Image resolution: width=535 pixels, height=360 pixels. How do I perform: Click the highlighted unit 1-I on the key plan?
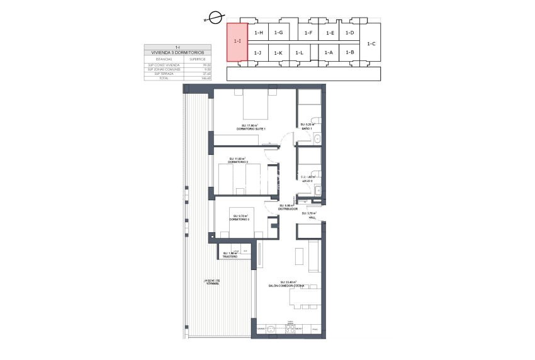coord(237,42)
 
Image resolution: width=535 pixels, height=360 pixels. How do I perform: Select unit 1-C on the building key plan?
coord(371,43)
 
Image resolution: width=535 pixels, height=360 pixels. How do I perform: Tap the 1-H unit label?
coord(257,32)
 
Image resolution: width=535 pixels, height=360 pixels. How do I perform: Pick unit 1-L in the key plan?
coord(300,53)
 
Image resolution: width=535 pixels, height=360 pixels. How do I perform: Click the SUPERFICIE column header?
coord(198,59)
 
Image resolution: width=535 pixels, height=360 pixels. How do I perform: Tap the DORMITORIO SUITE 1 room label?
coord(252,129)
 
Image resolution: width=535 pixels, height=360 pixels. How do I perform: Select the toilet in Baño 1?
coord(318,120)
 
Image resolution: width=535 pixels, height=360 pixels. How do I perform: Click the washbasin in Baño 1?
coord(317,139)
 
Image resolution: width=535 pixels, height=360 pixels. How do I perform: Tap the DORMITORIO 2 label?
coord(239,162)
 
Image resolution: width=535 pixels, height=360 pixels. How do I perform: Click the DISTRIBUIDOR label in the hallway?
coord(288,209)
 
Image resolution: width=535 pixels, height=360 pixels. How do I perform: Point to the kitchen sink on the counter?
coord(271,329)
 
